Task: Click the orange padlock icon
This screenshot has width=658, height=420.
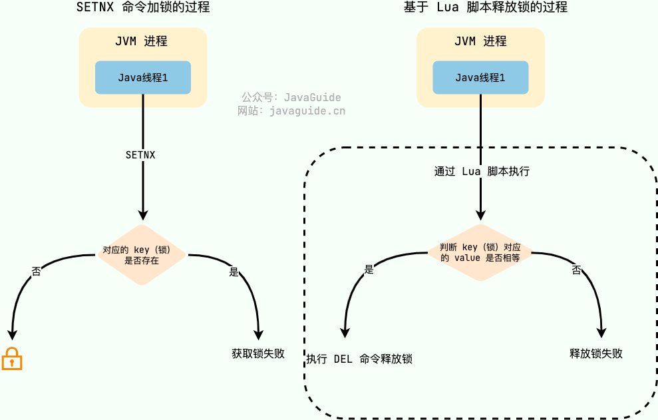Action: (x=12, y=359)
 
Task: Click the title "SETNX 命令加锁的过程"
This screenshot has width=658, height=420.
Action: (x=143, y=8)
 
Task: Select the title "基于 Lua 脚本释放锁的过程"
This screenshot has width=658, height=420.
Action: (x=485, y=8)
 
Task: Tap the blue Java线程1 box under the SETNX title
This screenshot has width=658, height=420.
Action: (x=143, y=77)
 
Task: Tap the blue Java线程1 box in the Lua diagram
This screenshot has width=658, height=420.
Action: (x=480, y=77)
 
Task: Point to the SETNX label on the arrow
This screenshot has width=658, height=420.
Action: (x=140, y=154)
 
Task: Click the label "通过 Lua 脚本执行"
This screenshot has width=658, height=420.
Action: (x=482, y=171)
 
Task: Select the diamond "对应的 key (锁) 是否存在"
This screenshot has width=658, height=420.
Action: (x=142, y=255)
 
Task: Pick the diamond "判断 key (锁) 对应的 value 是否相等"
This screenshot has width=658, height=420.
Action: (x=480, y=252)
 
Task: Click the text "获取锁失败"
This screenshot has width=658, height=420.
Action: (x=258, y=353)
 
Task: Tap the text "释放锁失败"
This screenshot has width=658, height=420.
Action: (x=596, y=353)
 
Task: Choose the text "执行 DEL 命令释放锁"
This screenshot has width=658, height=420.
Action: (x=359, y=359)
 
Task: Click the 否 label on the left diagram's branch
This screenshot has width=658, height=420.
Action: (x=37, y=271)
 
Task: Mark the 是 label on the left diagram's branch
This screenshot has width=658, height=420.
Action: (x=234, y=272)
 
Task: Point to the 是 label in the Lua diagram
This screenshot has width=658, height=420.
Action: (x=369, y=270)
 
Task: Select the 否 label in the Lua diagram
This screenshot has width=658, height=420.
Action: (x=577, y=270)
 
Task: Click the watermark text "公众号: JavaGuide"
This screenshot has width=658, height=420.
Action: (x=291, y=97)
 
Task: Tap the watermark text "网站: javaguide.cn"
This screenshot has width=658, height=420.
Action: (x=291, y=110)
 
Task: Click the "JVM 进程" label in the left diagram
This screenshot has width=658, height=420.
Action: (x=141, y=41)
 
